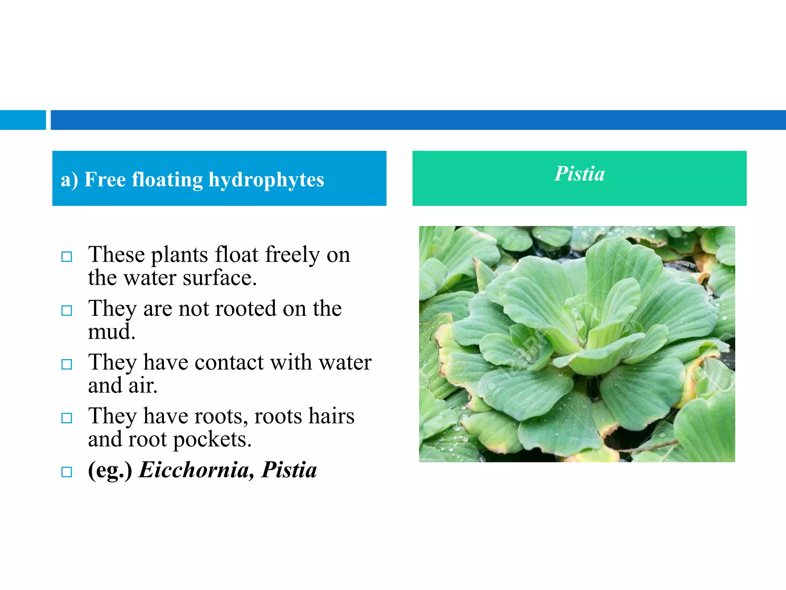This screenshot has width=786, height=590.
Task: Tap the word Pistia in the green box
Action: tap(580, 174)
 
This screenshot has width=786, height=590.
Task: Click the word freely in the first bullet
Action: tap(292, 254)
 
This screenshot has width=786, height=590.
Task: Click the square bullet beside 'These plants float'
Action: tap(67, 257)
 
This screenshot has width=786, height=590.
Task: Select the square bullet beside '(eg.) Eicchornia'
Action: tap(67, 472)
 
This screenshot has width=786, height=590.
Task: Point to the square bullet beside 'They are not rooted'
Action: tap(67, 310)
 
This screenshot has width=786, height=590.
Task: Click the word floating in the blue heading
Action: tap(167, 180)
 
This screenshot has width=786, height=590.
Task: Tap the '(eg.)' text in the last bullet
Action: tap(110, 470)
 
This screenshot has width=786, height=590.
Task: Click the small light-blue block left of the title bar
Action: tap(23, 120)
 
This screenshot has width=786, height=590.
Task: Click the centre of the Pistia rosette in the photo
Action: tap(587, 338)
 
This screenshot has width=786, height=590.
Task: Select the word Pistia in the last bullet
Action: tap(289, 470)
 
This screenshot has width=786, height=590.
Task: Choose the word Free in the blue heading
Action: tap(105, 179)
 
